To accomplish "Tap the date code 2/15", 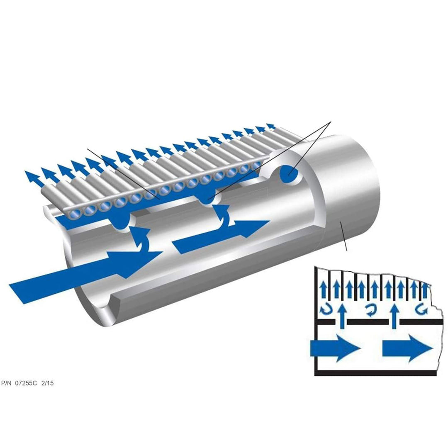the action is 47,383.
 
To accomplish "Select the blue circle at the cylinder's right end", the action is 289,173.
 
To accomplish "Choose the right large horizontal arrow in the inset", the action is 408,348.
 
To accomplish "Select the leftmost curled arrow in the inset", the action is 326,309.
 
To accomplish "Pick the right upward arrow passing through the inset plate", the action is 394,317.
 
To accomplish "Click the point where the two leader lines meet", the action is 331,122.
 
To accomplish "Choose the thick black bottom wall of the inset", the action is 375,373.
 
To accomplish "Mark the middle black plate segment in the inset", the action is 368,322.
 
